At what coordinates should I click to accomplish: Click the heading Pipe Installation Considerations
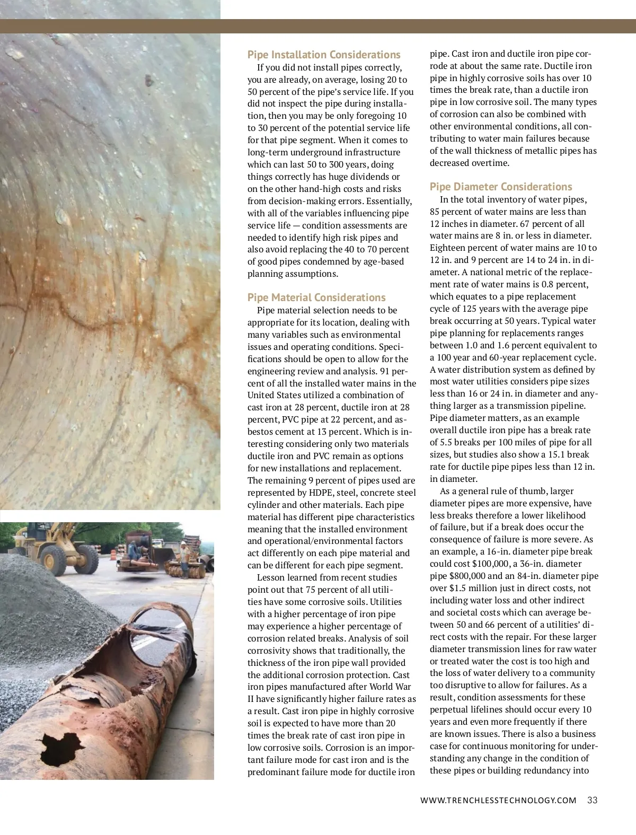point(324,55)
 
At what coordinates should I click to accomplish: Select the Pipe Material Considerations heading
point(316,297)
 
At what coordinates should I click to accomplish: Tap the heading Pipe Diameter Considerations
point(501,187)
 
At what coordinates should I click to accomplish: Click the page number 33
point(592,800)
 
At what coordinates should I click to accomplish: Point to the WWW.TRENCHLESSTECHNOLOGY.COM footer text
point(498,801)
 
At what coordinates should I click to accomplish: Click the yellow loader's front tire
point(52,559)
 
